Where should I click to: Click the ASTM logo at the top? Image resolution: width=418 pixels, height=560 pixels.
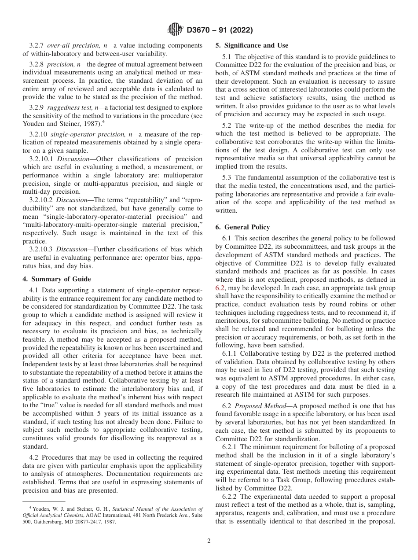pos(175,30)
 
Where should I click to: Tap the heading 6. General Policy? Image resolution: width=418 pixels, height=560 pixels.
pos(242,227)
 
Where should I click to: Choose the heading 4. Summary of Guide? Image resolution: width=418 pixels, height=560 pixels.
pos(57,279)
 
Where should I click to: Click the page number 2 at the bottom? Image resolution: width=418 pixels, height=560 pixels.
pos(209,541)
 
